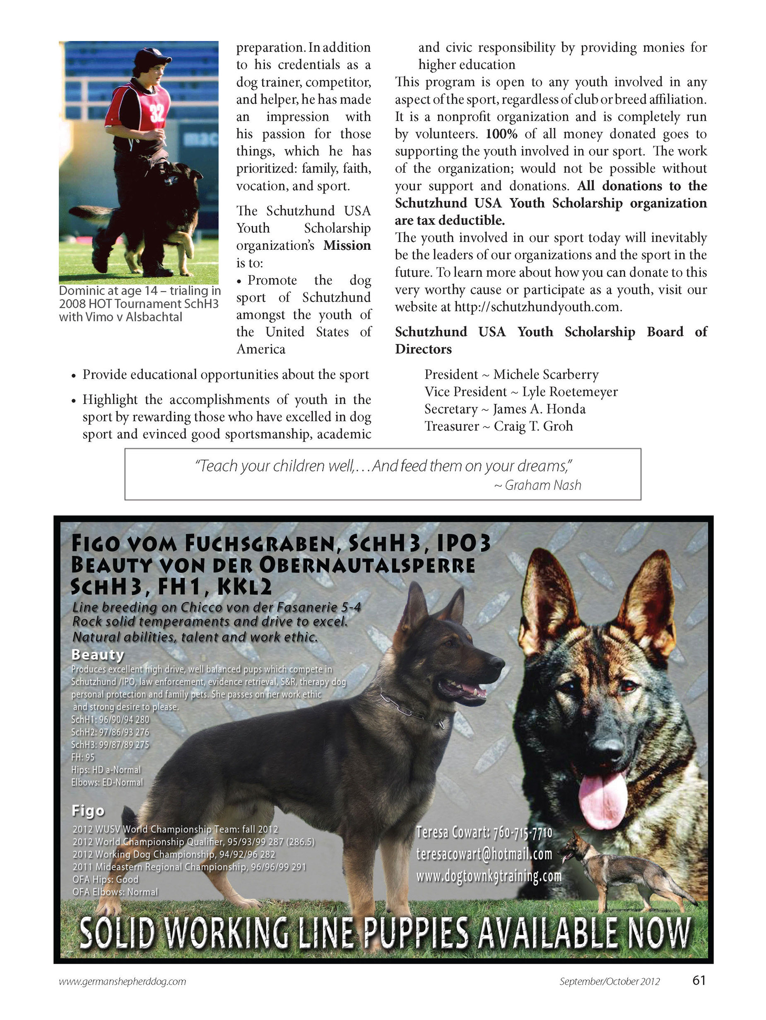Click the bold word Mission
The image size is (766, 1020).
(x=347, y=245)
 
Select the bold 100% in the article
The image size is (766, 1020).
(x=501, y=134)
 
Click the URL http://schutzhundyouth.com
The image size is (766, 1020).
(x=538, y=307)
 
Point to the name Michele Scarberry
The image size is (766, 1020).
(x=546, y=375)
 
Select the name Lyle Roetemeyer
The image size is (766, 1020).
(x=570, y=392)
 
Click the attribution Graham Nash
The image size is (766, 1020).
(x=542, y=485)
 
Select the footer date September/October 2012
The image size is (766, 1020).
(x=609, y=994)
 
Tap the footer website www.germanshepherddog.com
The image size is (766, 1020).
(x=123, y=994)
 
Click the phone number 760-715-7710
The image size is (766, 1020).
(x=522, y=833)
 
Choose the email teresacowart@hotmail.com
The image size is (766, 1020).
(x=484, y=854)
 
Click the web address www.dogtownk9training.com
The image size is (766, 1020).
(x=489, y=876)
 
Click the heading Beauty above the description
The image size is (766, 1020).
(x=98, y=654)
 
